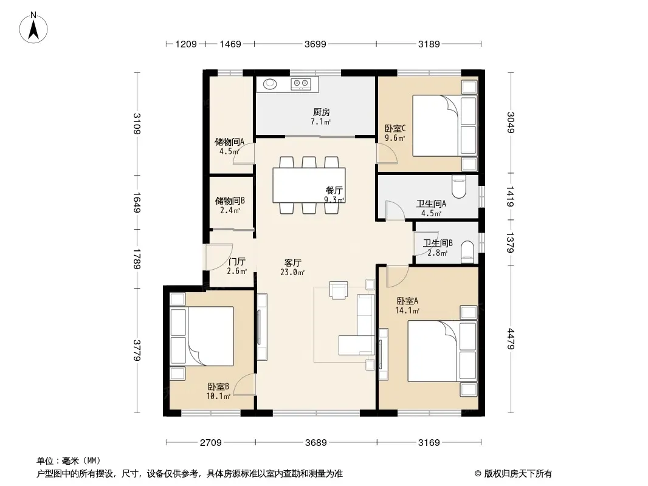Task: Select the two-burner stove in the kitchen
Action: coord(301,84)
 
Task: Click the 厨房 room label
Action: coord(321,112)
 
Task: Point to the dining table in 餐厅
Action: coord(309,185)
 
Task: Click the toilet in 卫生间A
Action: coord(459,187)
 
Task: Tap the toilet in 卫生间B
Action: coord(467,252)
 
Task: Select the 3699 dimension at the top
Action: coord(315,44)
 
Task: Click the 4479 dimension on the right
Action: coord(511,338)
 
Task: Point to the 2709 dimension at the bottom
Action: coord(211,443)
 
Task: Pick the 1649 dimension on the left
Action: coord(136,202)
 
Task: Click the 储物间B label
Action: coord(230,200)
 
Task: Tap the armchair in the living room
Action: coord(339,289)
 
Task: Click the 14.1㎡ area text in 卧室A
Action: coord(407,310)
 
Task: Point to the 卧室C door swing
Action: coord(387,153)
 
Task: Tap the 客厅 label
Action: coord(292,262)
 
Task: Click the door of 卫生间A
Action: coord(395,210)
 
